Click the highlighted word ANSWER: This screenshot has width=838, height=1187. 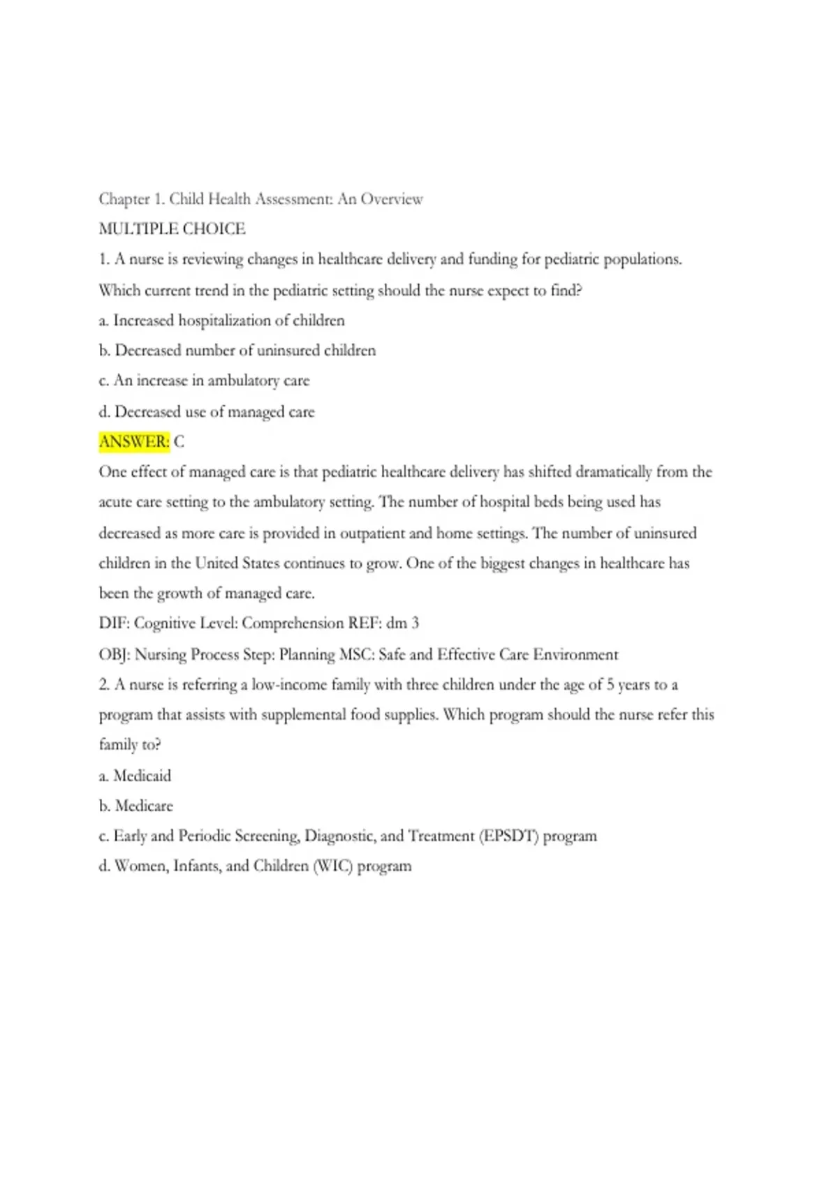tap(134, 442)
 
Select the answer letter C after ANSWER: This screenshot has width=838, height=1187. tap(179, 442)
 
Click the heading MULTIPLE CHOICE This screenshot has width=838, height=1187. tap(172, 229)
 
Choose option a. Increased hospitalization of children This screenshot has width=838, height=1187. tap(221, 320)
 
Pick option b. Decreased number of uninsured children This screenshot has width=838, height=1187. tap(237, 351)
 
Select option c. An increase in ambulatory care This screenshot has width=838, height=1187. tap(204, 381)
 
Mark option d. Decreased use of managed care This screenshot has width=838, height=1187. tap(207, 412)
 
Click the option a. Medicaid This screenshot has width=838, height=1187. tap(135, 776)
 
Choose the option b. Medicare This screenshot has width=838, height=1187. tap(135, 806)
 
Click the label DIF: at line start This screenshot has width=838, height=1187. tap(115, 624)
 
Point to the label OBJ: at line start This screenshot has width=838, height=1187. tap(115, 655)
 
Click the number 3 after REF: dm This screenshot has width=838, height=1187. tap(415, 624)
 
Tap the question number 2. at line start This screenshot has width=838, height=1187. tap(105, 685)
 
